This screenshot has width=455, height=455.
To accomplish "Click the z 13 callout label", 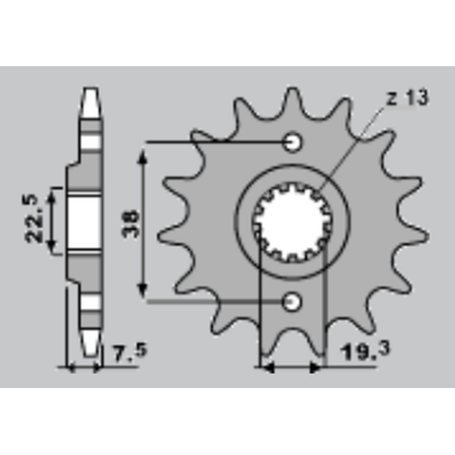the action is point(408,98).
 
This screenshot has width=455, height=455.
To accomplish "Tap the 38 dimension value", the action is point(131,223).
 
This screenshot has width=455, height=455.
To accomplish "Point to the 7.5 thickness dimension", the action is point(130,352).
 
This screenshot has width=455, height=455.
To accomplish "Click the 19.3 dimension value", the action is point(366,351).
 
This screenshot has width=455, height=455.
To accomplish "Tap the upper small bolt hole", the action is point(293,142).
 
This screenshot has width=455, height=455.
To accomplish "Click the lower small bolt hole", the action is point(291,302).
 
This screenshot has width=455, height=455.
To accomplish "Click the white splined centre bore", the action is point(293,222).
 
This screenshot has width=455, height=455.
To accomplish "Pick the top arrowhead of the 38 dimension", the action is point(142,156).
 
